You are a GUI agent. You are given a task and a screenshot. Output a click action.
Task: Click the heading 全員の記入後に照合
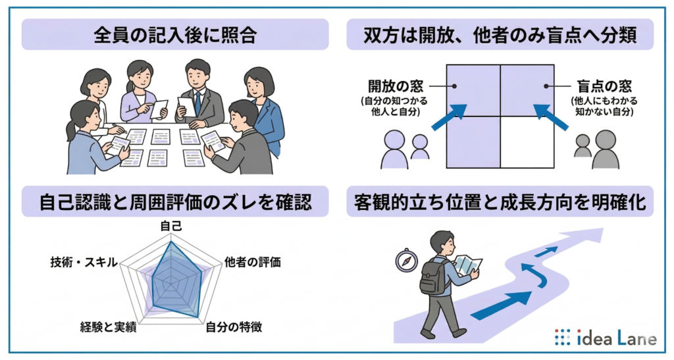[x=174, y=34]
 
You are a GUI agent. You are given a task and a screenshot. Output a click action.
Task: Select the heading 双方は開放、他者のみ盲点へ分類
[x=500, y=34]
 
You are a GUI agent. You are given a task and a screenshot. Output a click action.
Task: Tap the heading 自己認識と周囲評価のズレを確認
[x=174, y=202]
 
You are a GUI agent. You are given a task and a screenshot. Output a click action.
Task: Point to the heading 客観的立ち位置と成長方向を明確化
[x=500, y=202]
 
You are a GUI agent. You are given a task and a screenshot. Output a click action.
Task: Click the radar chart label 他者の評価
[x=253, y=262]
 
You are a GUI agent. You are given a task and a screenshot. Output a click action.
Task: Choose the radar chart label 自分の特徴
[x=234, y=327]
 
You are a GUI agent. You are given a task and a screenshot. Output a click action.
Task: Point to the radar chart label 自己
[x=171, y=226]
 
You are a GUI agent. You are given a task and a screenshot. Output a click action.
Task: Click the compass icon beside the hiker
[x=406, y=261]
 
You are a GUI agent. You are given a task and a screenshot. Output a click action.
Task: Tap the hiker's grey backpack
[x=432, y=276]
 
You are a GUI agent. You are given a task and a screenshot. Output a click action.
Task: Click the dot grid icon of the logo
[x=562, y=338]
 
